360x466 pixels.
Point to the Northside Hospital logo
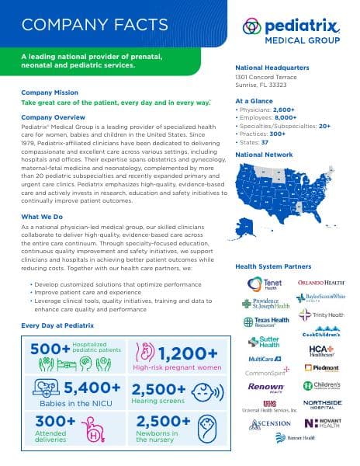[322, 405]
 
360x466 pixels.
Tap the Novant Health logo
[321, 423]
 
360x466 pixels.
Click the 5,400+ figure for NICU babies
[92, 388]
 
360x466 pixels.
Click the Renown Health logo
[265, 386]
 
